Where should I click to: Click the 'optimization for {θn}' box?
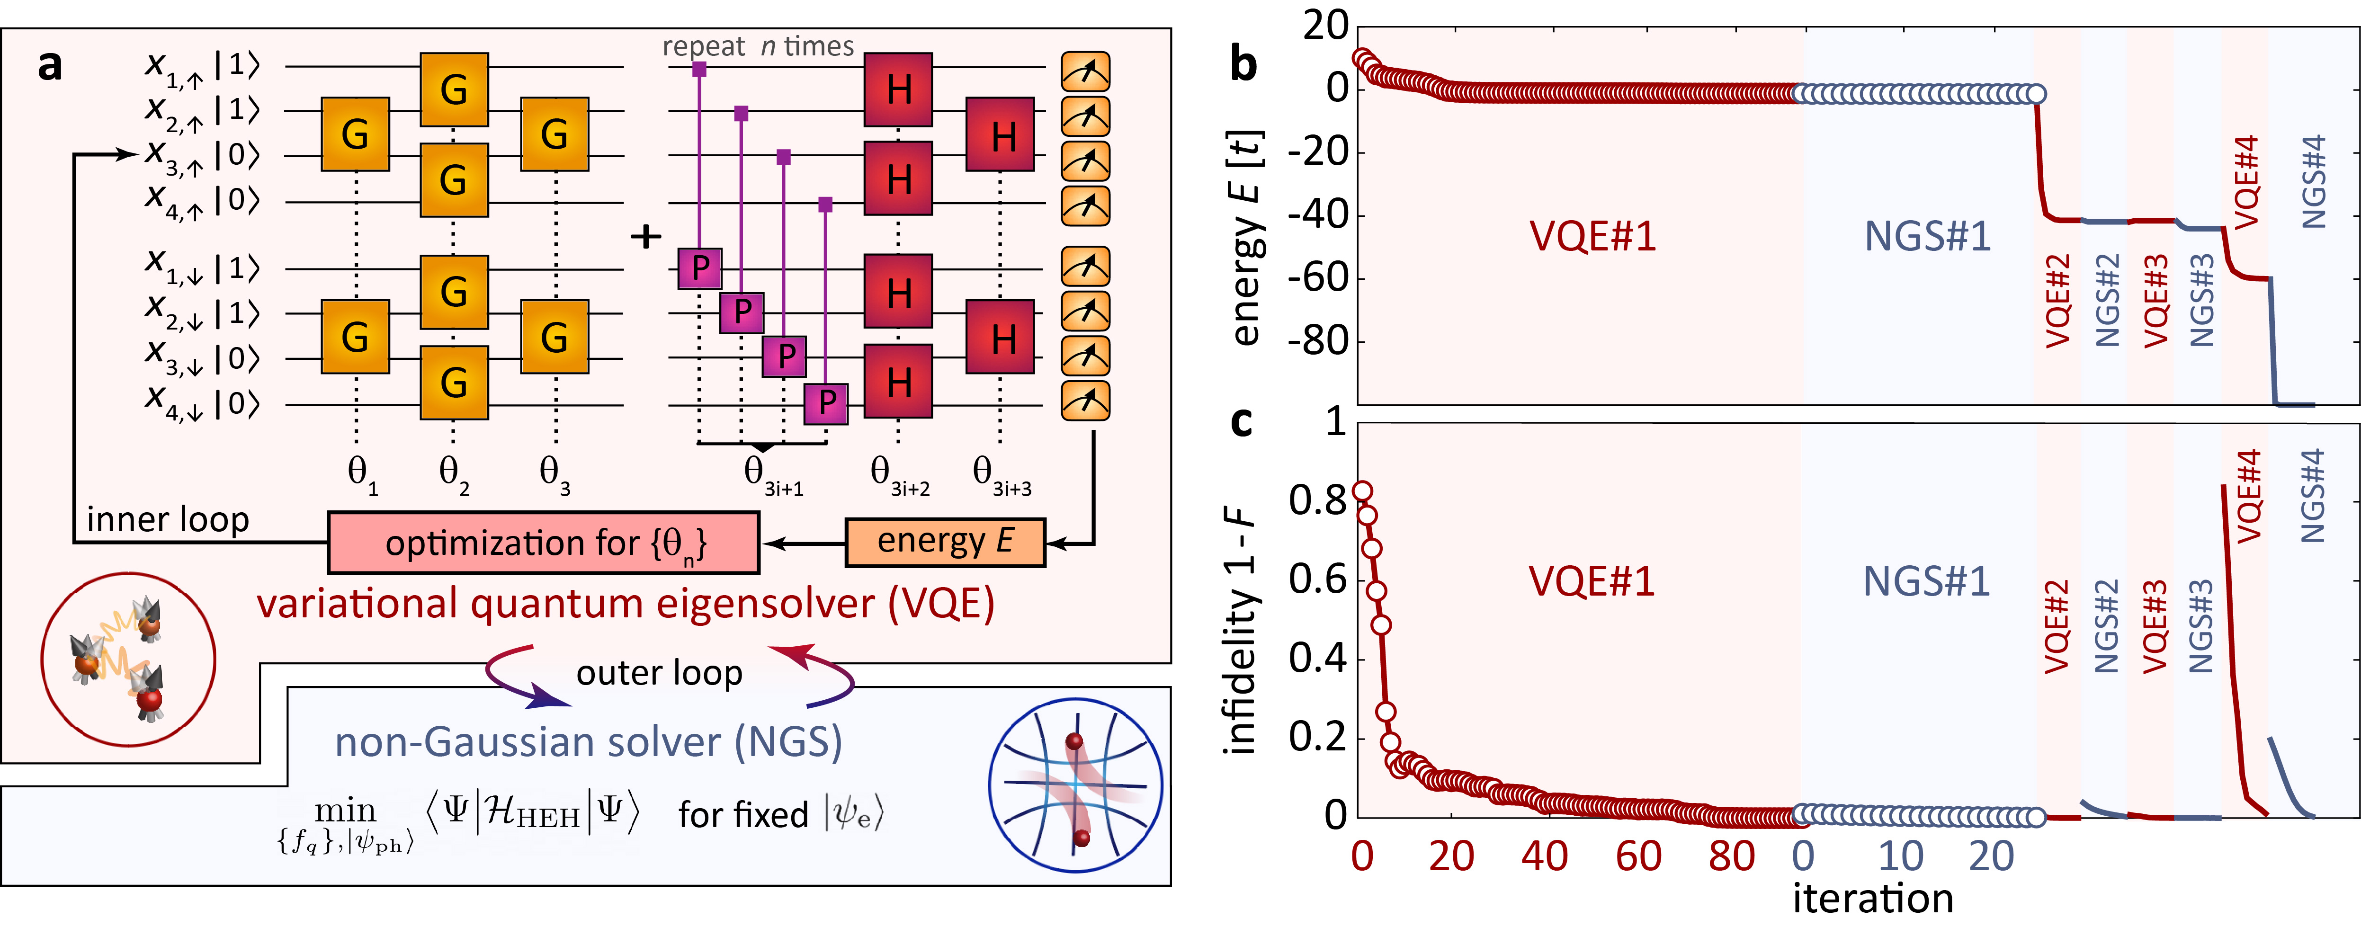(544, 543)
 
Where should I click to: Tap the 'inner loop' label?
(168, 519)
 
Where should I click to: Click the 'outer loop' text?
(659, 673)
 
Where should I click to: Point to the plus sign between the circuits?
(646, 236)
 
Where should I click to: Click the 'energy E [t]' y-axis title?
(1246, 238)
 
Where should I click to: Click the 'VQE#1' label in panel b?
(1593, 236)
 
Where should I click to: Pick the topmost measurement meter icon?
(1086, 71)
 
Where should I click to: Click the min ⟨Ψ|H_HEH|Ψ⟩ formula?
(458, 815)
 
